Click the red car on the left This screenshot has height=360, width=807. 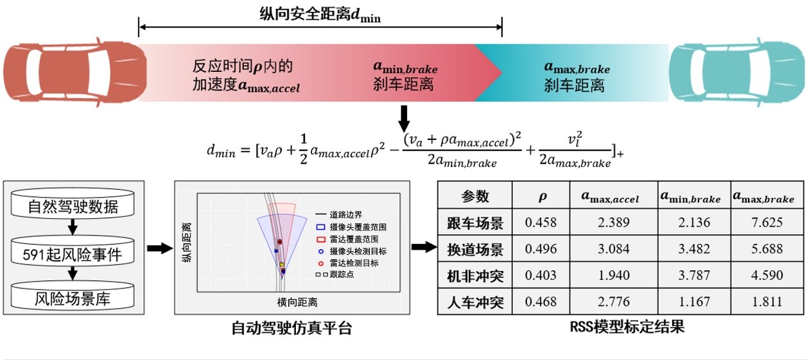click(75, 72)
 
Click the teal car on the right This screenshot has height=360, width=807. click(737, 72)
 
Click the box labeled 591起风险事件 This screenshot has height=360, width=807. click(73, 253)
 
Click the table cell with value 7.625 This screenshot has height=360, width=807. click(767, 222)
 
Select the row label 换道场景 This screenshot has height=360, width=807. click(475, 249)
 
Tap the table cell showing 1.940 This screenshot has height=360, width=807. click(614, 275)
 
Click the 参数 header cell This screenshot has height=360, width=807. click(475, 196)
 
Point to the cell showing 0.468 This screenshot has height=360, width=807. click(541, 302)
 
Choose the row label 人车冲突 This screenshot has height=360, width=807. click(475, 302)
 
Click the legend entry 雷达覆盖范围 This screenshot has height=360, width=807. click(348, 239)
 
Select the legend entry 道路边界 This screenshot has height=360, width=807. click(339, 214)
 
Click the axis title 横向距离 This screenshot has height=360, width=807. click(297, 302)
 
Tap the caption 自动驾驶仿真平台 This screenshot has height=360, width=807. click(291, 328)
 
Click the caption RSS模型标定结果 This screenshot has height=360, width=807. click(627, 327)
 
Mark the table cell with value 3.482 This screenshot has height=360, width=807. click(694, 249)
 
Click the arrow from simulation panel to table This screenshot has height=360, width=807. click(424, 247)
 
